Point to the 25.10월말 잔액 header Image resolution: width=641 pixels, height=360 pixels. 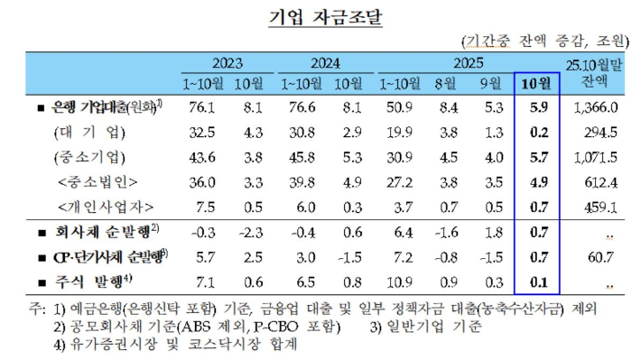[595, 73]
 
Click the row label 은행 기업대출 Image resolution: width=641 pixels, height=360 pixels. [99, 107]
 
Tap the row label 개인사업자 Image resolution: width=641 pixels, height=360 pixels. [98, 206]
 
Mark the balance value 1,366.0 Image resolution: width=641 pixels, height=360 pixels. [596, 107]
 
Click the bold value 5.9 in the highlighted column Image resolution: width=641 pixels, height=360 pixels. [537, 107]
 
